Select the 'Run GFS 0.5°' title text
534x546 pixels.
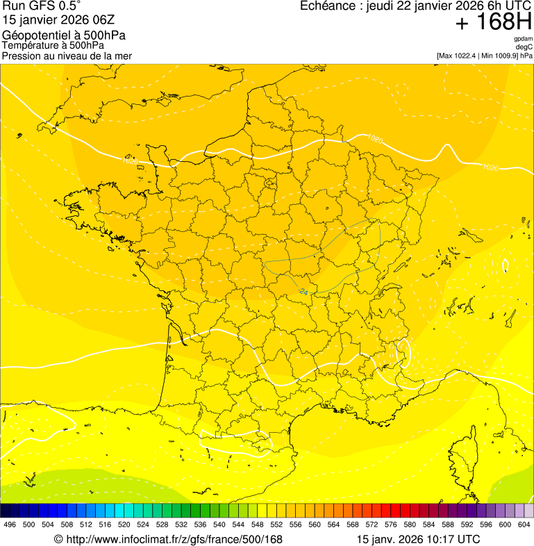[42, 7]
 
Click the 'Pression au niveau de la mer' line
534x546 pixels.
[67, 56]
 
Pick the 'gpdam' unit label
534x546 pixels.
[523, 39]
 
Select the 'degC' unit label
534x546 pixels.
[524, 47]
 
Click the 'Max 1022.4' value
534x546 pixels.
[458, 56]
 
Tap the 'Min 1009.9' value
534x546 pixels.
[499, 56]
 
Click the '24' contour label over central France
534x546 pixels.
[303, 292]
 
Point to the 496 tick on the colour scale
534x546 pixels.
[10, 524]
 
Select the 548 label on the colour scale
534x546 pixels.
[258, 524]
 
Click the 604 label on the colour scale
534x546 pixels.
[524, 524]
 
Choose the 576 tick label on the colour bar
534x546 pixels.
[391, 524]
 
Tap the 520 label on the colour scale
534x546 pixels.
[124, 524]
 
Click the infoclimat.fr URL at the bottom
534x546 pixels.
[174, 539]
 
